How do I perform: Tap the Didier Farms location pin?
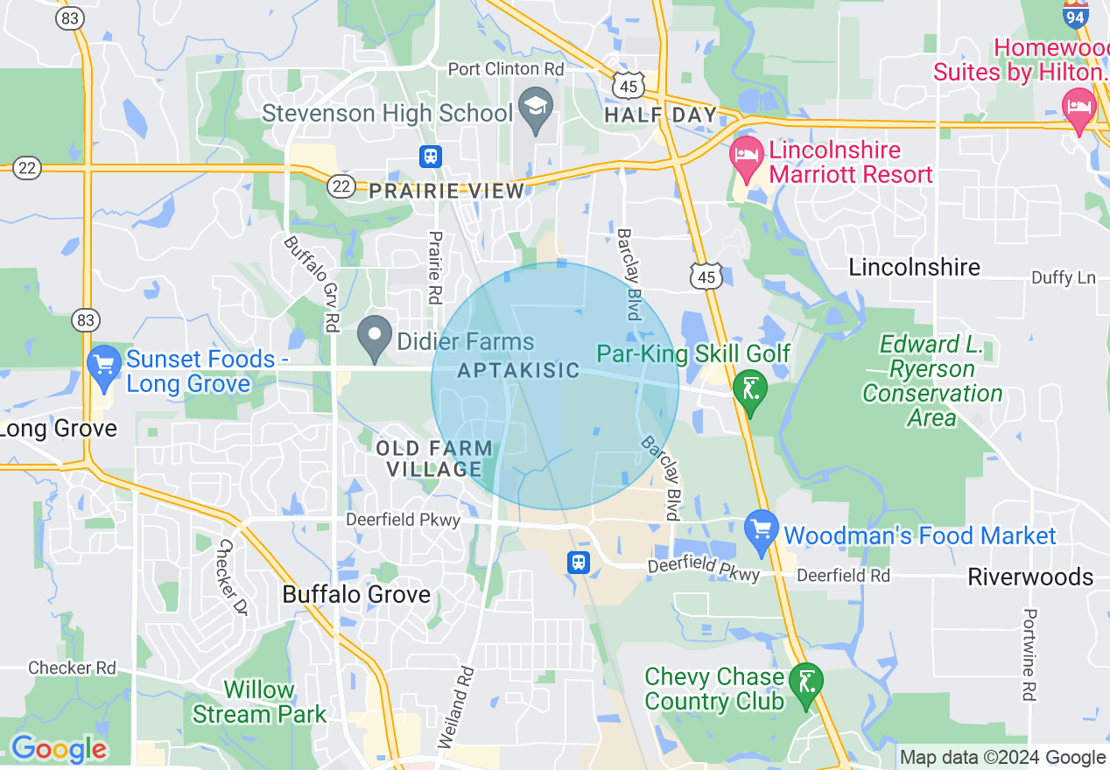pyautogui.click(x=376, y=335)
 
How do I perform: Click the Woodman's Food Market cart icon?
pyautogui.click(x=761, y=528)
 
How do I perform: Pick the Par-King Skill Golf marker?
pyautogui.click(x=749, y=389)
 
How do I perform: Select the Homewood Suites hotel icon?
pyautogui.click(x=1078, y=108)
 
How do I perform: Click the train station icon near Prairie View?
pyautogui.click(x=430, y=157)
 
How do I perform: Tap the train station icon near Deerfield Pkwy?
pyautogui.click(x=579, y=562)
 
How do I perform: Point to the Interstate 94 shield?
pyautogui.click(x=1076, y=14)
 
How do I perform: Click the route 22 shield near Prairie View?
pyautogui.click(x=341, y=185)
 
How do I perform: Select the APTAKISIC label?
pyautogui.click(x=519, y=370)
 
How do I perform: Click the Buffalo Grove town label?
pyautogui.click(x=356, y=595)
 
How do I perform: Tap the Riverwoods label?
pyautogui.click(x=1030, y=577)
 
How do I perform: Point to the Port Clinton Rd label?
pyautogui.click(x=506, y=68)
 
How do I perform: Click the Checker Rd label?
pyautogui.click(x=72, y=668)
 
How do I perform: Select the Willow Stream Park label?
pyautogui.click(x=259, y=702)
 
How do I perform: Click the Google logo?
pyautogui.click(x=59, y=749)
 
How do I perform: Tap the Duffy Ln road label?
pyautogui.click(x=1063, y=277)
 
